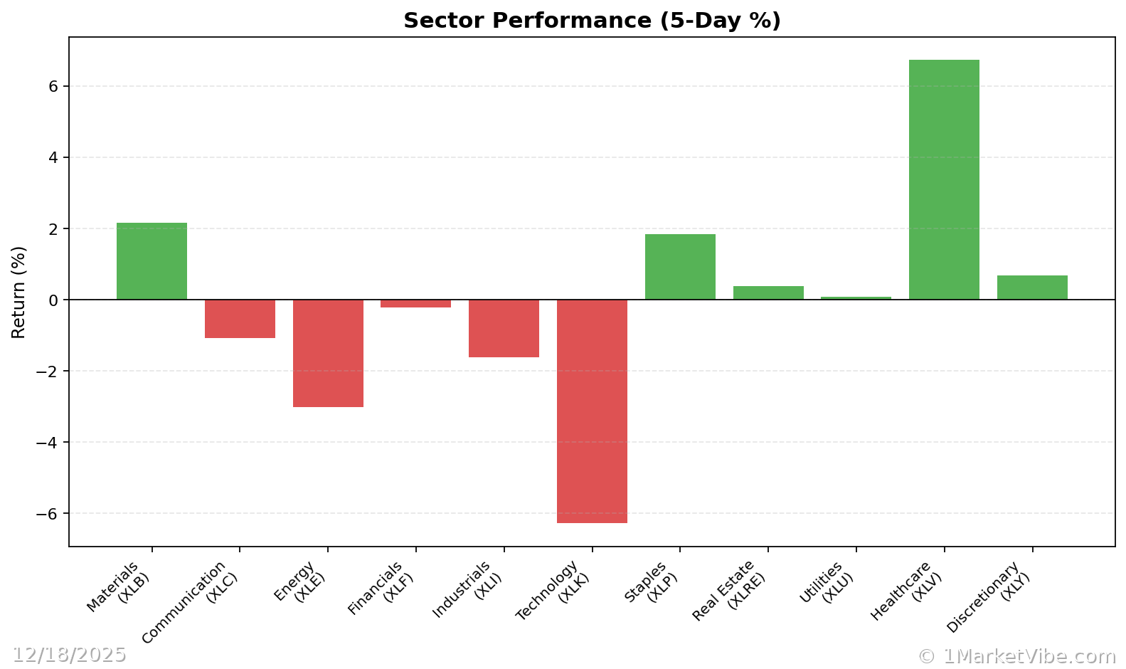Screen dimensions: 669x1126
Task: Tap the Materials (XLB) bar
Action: coord(152,261)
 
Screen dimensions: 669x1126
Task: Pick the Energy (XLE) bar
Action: coord(328,353)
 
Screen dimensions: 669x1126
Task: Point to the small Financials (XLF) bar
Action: coord(415,304)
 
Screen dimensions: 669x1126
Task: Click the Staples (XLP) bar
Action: coord(680,267)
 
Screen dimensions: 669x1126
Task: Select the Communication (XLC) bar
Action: coord(240,319)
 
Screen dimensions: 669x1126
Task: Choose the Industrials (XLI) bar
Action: coord(504,328)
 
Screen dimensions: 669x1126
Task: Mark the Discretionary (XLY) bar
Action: coord(1032,288)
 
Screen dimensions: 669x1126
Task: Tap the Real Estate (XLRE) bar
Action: coord(768,293)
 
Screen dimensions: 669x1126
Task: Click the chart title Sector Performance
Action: coord(592,21)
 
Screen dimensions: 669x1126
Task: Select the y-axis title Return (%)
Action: coord(18,292)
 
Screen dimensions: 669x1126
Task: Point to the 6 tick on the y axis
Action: coord(53,86)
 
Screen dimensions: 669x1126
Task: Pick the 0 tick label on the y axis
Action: coord(53,300)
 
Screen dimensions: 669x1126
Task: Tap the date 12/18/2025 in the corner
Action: coord(69,655)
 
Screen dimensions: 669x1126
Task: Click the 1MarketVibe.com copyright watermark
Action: coord(1016,656)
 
